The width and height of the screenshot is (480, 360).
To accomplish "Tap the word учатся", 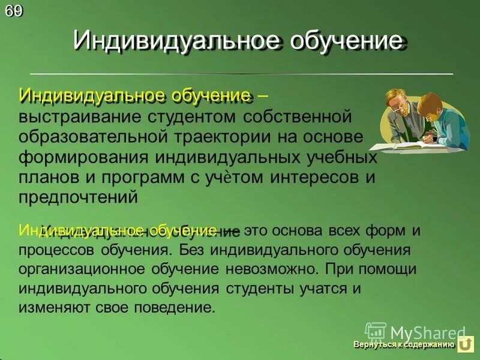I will point(322,288).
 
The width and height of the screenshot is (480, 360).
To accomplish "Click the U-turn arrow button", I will point(466,344).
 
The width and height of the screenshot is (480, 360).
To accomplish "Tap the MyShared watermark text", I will point(427,332).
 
